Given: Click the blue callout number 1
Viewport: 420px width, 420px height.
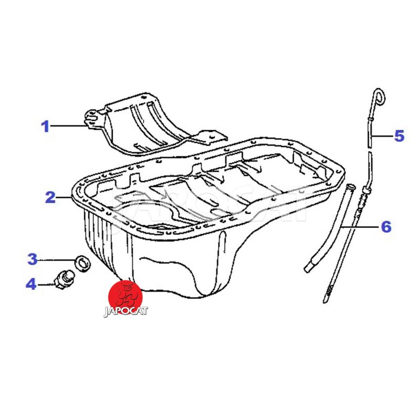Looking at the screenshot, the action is (46, 127).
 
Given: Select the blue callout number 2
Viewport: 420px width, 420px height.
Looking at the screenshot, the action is (50, 197).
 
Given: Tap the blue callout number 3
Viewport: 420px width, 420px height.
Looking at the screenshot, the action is (33, 259).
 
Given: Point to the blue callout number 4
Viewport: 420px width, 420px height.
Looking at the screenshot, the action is (31, 283).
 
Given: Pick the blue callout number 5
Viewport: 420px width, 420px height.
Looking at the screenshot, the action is (399, 136).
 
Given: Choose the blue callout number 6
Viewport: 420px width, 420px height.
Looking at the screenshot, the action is (386, 227).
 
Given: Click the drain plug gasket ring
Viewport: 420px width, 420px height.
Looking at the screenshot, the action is (83, 264).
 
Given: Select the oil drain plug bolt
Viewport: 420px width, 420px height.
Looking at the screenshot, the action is (64, 279).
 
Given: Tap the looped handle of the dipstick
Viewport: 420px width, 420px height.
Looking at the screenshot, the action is (380, 97).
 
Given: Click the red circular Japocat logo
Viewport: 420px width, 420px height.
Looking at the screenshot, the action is (125, 297).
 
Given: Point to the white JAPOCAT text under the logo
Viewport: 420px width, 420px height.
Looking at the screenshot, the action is (125, 311).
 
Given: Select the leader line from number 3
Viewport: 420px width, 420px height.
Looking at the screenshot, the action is (57, 259).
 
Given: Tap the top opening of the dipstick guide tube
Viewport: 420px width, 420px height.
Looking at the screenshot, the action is (351, 186).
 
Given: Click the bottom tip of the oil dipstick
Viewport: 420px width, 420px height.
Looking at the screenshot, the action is (325, 301).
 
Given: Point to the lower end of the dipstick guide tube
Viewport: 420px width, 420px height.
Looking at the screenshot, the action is (309, 268).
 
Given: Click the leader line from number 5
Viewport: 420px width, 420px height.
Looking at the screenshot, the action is (382, 136).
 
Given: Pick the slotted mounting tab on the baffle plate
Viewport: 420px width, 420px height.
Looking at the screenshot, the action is (91, 119).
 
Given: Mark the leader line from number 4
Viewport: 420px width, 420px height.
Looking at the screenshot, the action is (46, 285).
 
